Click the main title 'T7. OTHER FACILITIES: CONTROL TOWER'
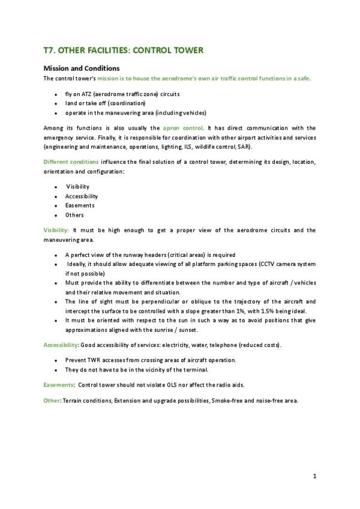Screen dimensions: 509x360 [x=124, y=52]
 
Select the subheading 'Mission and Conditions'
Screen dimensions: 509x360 [x=82, y=68]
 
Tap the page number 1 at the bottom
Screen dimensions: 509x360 [x=314, y=476]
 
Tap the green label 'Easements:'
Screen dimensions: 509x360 [x=58, y=384]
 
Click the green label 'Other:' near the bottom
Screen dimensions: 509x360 [x=52, y=400]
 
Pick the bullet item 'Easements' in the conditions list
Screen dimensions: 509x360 [x=79, y=205]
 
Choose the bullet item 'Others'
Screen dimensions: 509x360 [x=74, y=215]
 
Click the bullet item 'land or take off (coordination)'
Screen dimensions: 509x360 [x=105, y=103]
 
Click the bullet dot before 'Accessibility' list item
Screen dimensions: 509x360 [x=56, y=196]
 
